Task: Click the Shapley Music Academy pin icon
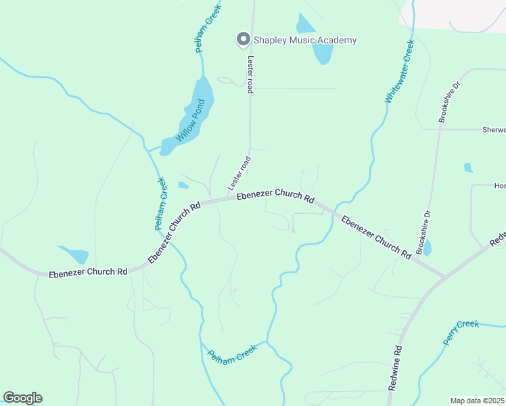click(241, 40)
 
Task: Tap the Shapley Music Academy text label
click(304, 41)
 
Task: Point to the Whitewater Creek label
click(399, 72)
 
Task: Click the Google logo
click(22, 398)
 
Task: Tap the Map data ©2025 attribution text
click(477, 401)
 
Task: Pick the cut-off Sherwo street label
click(493, 129)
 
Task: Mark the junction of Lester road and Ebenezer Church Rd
click(227, 200)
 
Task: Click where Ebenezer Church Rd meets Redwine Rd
click(444, 277)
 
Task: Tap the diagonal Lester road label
click(239, 173)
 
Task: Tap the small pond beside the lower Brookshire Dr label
click(426, 249)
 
